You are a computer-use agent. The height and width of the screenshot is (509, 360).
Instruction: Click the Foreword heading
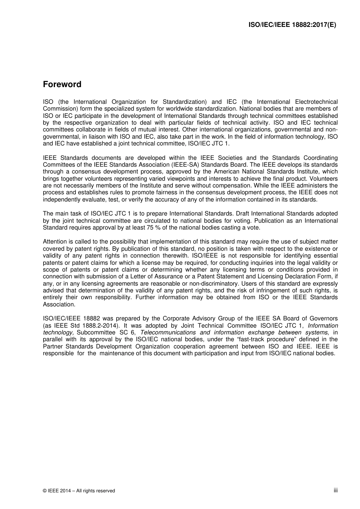point(62,84)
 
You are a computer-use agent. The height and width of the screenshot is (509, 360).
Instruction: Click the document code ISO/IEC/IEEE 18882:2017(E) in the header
point(292,25)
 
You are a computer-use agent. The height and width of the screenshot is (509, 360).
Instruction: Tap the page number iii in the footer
point(335,490)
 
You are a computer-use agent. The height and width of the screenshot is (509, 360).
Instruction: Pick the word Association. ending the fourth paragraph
point(59,304)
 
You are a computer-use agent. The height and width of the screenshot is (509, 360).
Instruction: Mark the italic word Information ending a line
point(323,326)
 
